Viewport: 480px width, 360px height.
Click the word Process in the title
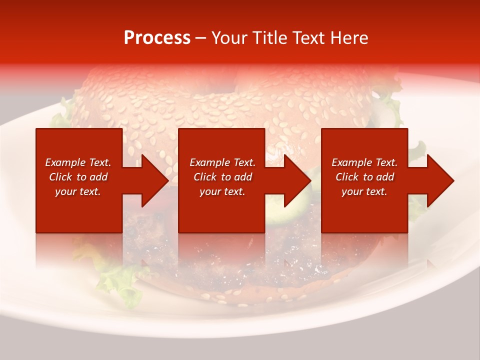pos(157,38)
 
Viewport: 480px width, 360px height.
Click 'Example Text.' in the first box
pos(78,162)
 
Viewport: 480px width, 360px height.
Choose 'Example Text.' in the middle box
pos(222,162)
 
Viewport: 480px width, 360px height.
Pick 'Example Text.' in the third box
pos(364,162)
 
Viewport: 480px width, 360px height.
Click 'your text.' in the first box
pos(78,191)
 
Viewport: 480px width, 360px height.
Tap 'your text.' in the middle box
pos(222,191)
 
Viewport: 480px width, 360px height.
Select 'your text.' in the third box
pos(364,191)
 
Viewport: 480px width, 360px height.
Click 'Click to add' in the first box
pos(78,177)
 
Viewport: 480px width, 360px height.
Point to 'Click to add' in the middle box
pos(222,177)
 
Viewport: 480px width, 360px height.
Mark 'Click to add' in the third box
pos(364,177)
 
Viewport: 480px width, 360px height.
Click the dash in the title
pos(201,38)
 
